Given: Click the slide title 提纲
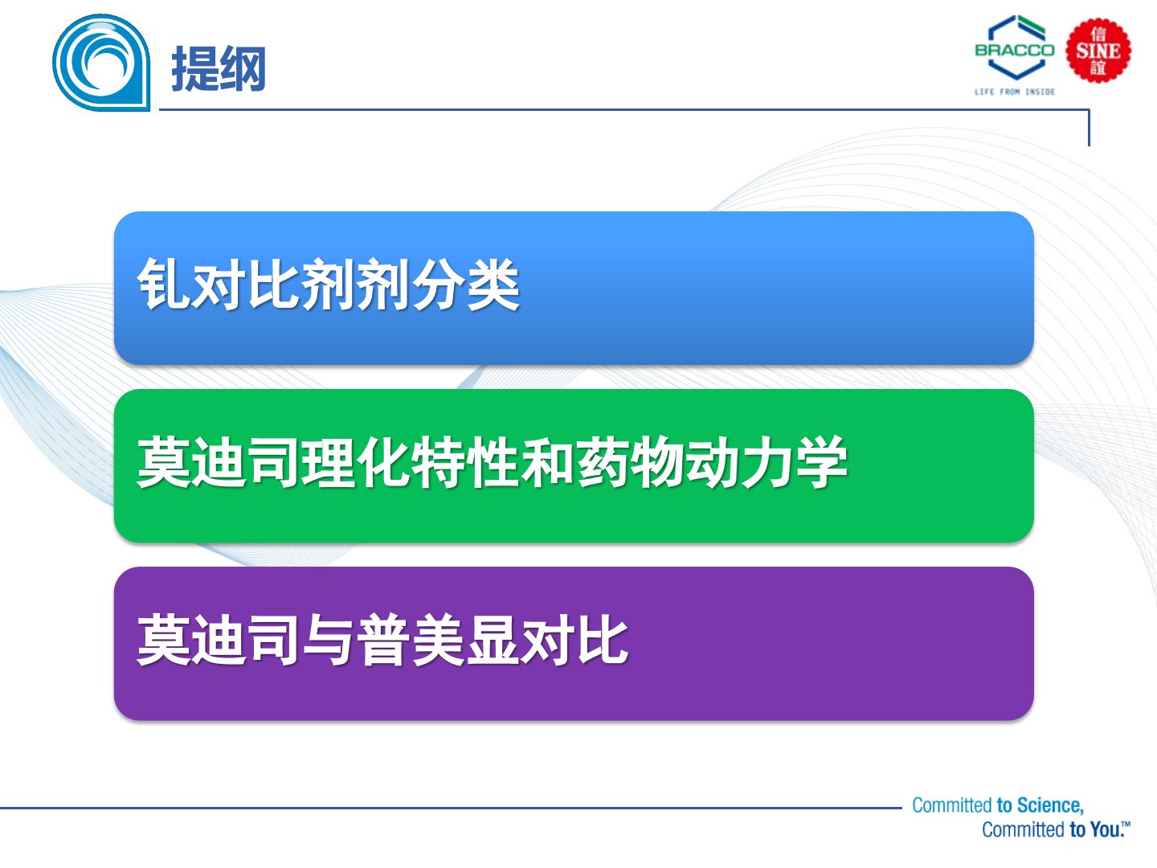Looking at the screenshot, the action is tap(219, 68).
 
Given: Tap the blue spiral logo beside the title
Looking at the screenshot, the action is tap(102, 63).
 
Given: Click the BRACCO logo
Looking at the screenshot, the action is tap(1015, 49).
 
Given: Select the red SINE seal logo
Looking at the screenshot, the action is tap(1098, 51).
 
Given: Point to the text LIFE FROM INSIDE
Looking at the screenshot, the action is tap(1015, 92).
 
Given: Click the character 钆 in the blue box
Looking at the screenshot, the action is tap(164, 284).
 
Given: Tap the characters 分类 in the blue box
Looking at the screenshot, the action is tap(465, 284).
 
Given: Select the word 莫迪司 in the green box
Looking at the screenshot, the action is tap(219, 461).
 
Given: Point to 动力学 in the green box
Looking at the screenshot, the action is tap(767, 461).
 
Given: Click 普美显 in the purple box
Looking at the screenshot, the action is tap(438, 639).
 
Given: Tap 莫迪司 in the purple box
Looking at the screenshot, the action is tap(219, 639).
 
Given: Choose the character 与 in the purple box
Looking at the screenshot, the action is tap(328, 639).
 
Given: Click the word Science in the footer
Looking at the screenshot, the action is tap(1050, 805).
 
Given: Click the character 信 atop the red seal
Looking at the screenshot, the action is tap(1098, 35).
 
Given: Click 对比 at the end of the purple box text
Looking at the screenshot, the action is tap(574, 639).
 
